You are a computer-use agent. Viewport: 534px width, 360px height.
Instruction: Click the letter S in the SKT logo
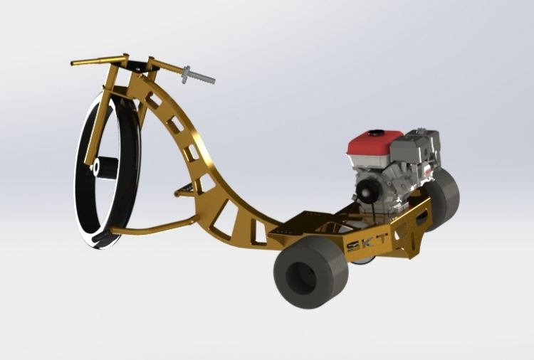(353, 246)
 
